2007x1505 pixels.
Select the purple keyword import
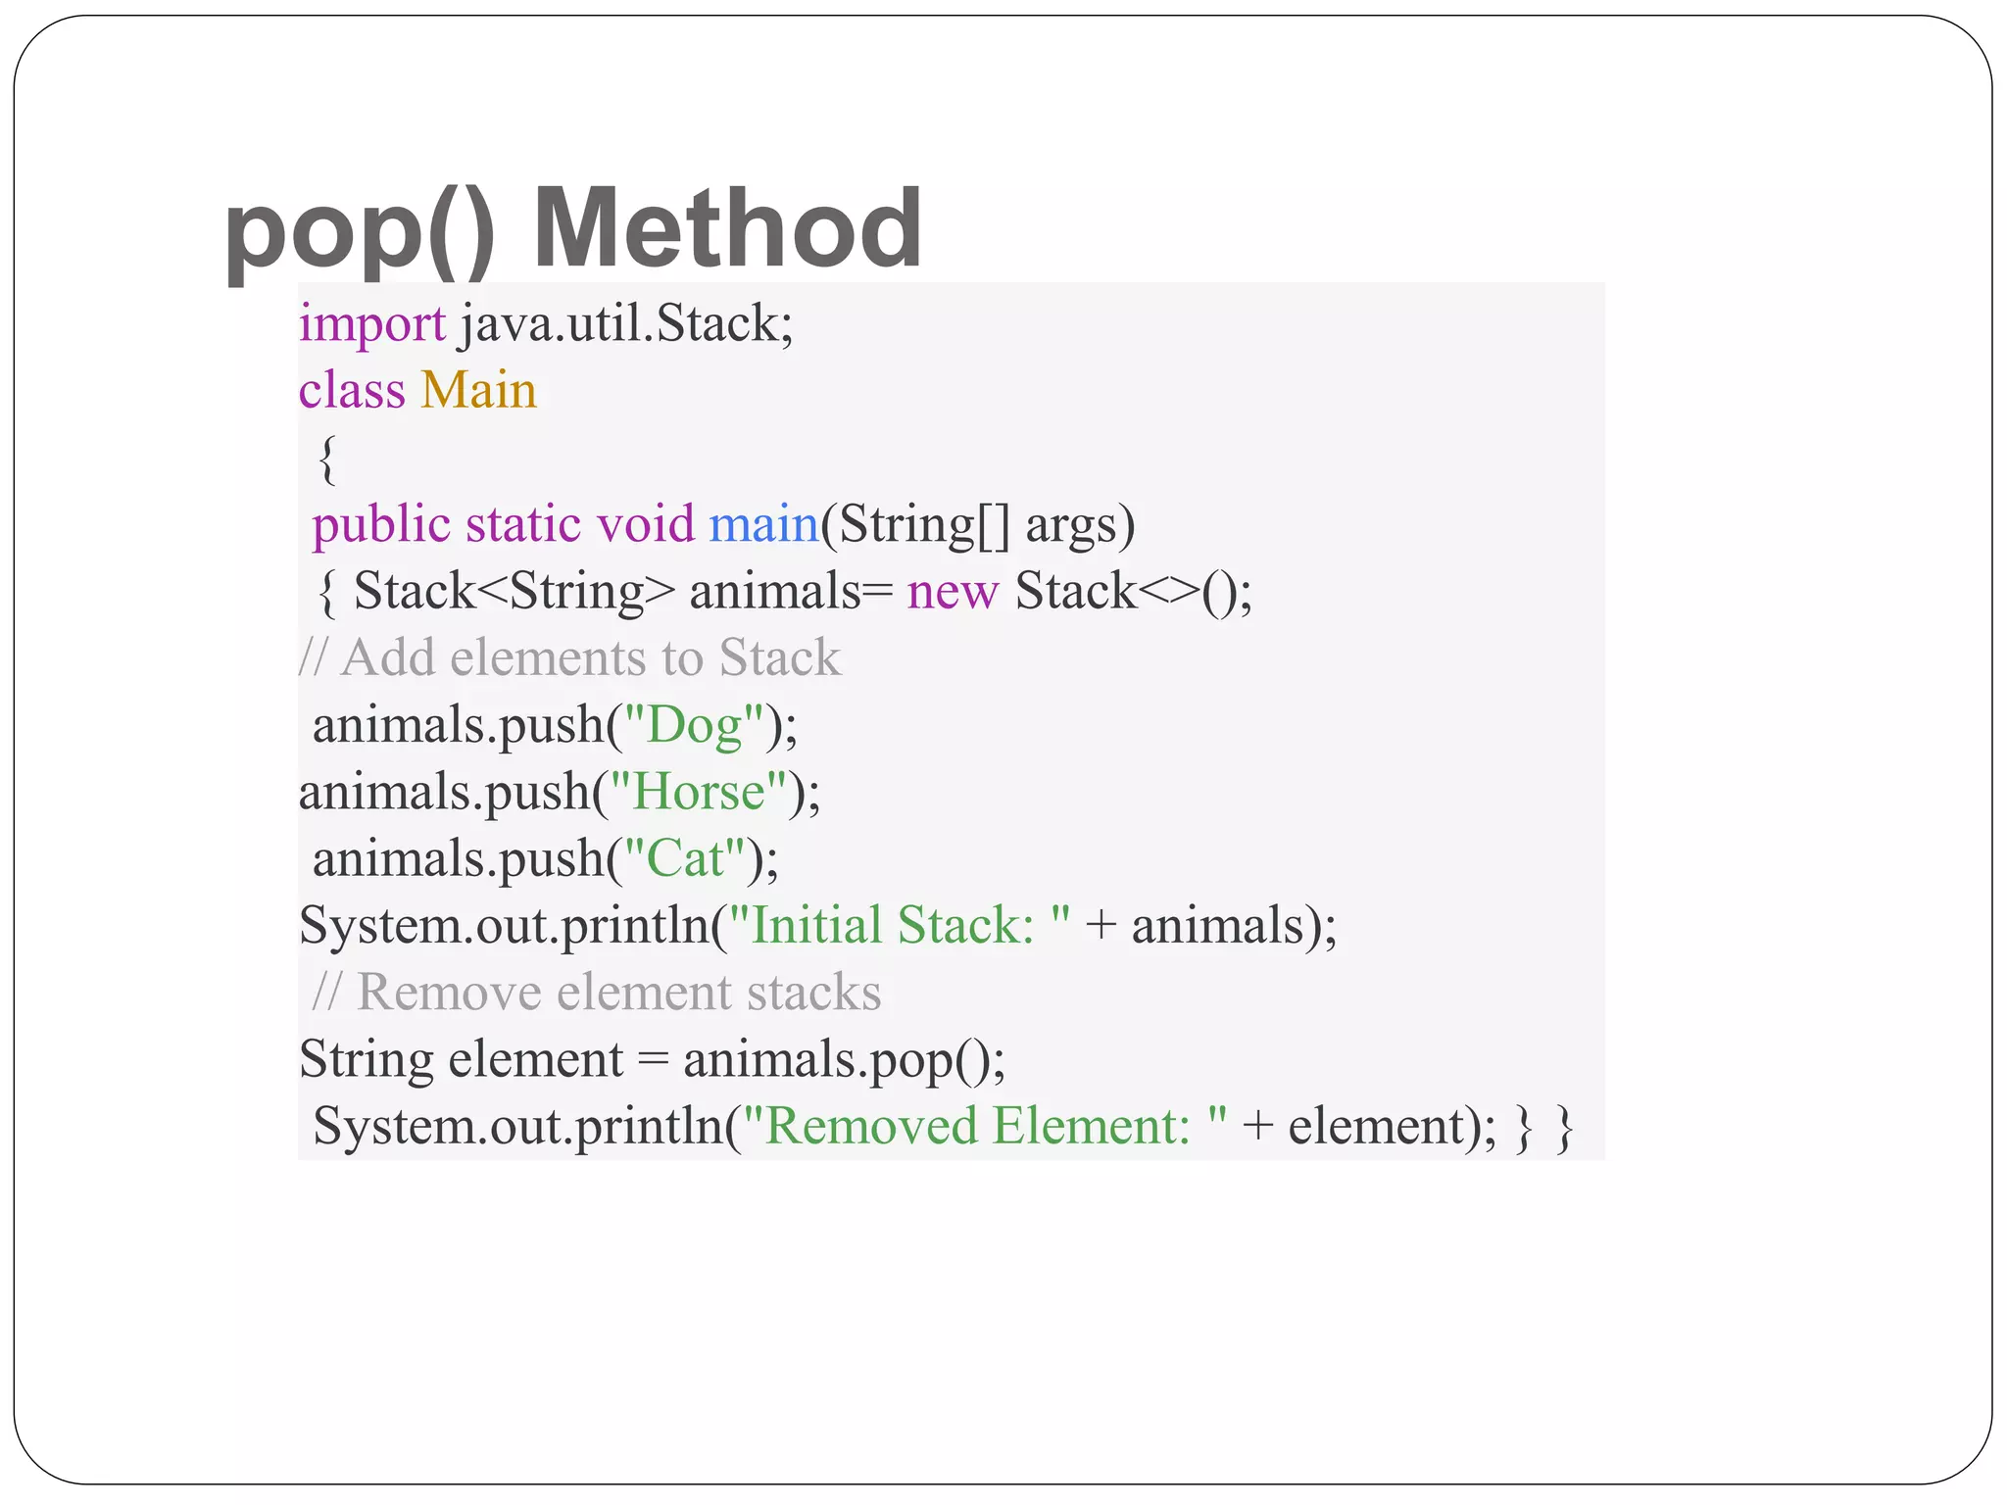pyautogui.click(x=372, y=323)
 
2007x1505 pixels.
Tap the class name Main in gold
pyautogui.click(x=478, y=390)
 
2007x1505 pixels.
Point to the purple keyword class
pyautogui.click(x=351, y=390)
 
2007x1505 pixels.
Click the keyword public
pyautogui.click(x=381, y=525)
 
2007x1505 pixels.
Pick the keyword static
pyautogui.click(x=524, y=524)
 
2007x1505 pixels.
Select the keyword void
pyautogui.click(x=646, y=524)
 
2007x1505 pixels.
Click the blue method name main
pyautogui.click(x=763, y=524)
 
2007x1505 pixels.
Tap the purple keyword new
pyautogui.click(x=953, y=592)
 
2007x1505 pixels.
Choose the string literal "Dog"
pyautogui.click(x=695, y=726)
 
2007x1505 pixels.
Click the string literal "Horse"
pyautogui.click(x=699, y=792)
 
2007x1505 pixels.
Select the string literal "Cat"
pyautogui.click(x=685, y=859)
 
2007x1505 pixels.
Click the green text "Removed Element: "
pyautogui.click(x=985, y=1126)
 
